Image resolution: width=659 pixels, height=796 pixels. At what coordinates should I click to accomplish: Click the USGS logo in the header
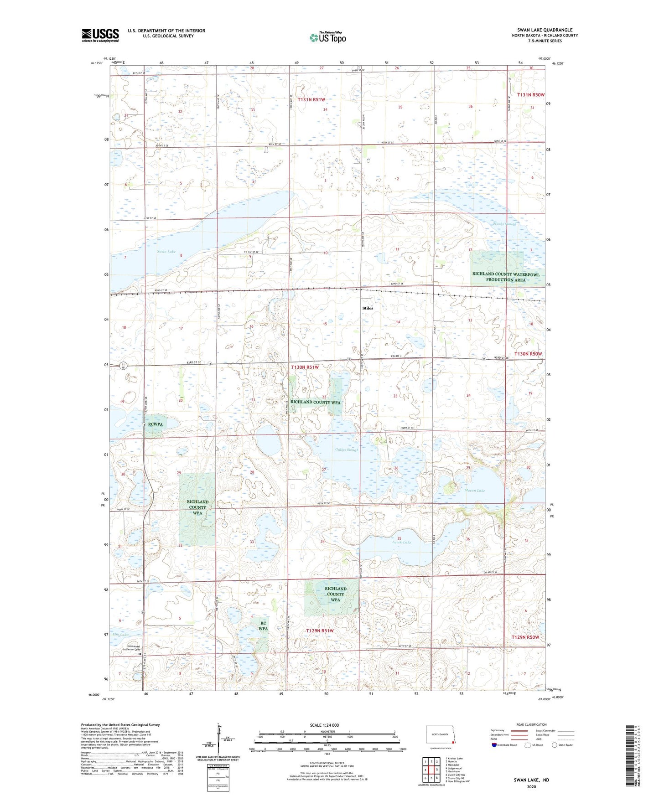coord(100,35)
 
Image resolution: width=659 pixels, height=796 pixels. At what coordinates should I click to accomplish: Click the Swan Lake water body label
coord(166,252)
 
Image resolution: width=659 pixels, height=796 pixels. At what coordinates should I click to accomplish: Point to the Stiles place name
coord(368,308)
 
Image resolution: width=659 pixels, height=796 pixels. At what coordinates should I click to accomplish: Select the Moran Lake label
coord(474,491)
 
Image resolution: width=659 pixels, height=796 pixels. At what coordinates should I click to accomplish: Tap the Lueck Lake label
coord(401,542)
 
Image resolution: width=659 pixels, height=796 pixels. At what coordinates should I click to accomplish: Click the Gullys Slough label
coord(347,450)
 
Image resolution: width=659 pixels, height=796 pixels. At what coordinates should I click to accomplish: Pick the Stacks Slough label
coord(504,224)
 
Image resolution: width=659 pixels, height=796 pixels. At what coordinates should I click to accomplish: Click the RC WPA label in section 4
coord(263,625)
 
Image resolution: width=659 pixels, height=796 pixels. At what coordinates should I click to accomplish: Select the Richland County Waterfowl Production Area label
coord(506,277)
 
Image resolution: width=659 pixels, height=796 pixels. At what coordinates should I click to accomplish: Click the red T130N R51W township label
coord(311,367)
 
